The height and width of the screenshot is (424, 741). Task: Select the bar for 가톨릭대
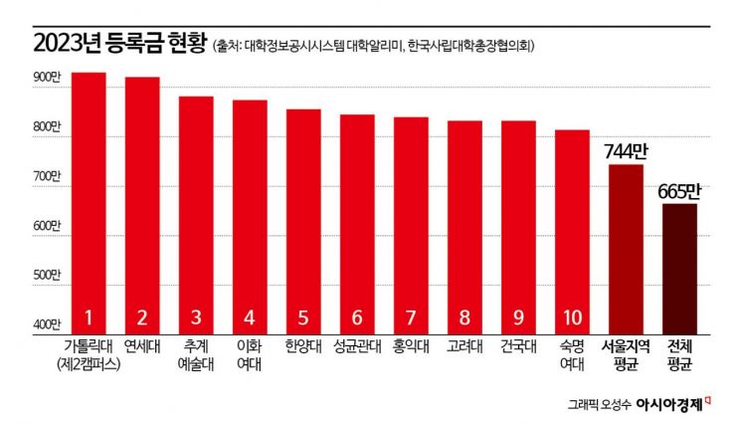(89, 199)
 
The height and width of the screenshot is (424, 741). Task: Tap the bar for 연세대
(142, 199)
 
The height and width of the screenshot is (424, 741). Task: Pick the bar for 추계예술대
(196, 209)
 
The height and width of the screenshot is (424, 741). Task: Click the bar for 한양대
(303, 219)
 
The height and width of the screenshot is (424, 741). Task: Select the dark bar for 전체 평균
(679, 269)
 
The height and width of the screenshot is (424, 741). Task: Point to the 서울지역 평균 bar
(626, 249)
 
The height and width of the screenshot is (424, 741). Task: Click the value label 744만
(626, 152)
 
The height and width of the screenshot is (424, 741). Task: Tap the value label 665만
(679, 190)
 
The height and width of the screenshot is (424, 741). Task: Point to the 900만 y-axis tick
(46, 77)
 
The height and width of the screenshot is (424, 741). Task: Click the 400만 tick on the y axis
(46, 325)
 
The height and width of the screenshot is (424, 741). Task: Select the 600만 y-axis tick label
(46, 226)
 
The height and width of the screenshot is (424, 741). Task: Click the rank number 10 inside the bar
(572, 318)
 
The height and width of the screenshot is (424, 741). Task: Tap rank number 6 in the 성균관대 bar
(357, 318)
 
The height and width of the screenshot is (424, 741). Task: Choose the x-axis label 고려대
(464, 348)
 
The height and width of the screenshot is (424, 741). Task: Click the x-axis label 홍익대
(411, 348)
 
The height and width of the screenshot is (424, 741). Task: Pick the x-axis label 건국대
(518, 348)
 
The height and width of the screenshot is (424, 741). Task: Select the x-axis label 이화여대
(250, 355)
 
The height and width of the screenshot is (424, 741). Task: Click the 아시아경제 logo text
(669, 405)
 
